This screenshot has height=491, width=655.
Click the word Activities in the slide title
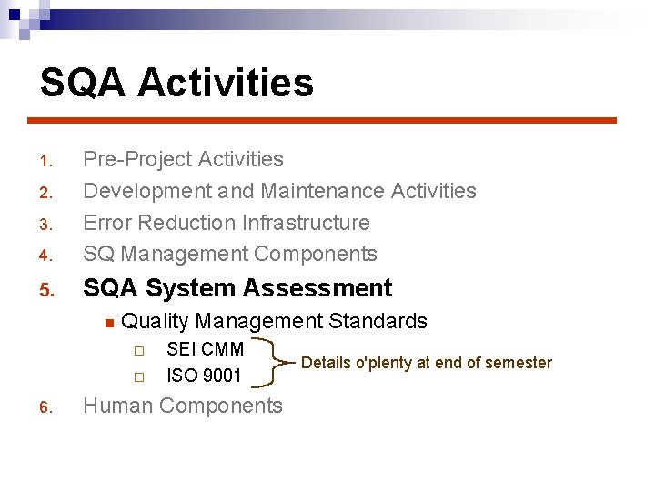coord(226,83)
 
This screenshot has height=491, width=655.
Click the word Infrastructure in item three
coord(308,223)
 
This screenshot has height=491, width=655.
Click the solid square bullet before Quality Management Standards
coord(107,322)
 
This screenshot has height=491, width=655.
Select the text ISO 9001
coord(204,376)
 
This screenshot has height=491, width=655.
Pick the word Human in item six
coord(116,406)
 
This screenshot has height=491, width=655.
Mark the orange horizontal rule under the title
coord(321,120)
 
